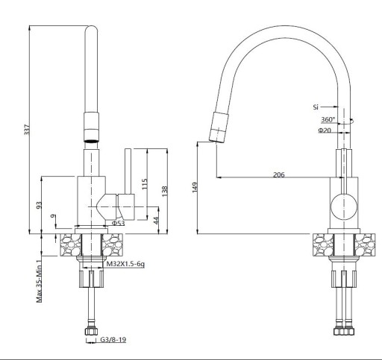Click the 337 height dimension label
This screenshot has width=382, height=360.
(x=27, y=130)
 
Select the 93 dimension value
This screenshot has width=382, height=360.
(x=40, y=205)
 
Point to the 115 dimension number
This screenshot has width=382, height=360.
(x=145, y=184)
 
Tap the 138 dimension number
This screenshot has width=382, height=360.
(x=164, y=192)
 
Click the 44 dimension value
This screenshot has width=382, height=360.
(x=156, y=221)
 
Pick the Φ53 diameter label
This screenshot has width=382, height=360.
(x=118, y=223)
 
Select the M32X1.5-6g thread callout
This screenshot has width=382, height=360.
(x=125, y=264)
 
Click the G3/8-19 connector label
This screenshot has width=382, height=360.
(x=113, y=339)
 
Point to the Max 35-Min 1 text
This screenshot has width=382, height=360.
(x=40, y=281)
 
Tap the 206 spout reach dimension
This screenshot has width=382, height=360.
(x=278, y=174)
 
